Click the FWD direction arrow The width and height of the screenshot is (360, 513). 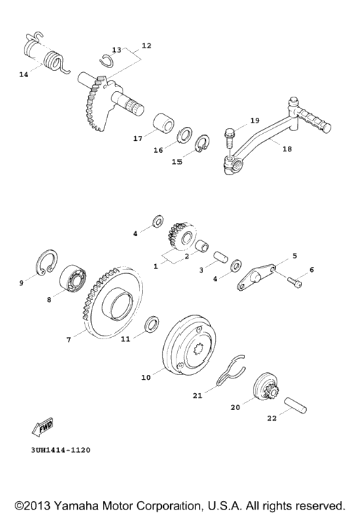pos(43,426)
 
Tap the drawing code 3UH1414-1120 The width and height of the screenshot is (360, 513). pos(61,450)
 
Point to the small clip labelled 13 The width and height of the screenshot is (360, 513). pos(107,61)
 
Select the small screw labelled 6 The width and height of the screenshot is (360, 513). pos(295,282)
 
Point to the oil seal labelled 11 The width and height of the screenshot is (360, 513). pos(153,324)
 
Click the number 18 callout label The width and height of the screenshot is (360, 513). pos(286,149)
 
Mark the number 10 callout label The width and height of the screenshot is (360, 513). pos(146,378)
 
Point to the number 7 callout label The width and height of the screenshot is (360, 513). pos(69,340)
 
